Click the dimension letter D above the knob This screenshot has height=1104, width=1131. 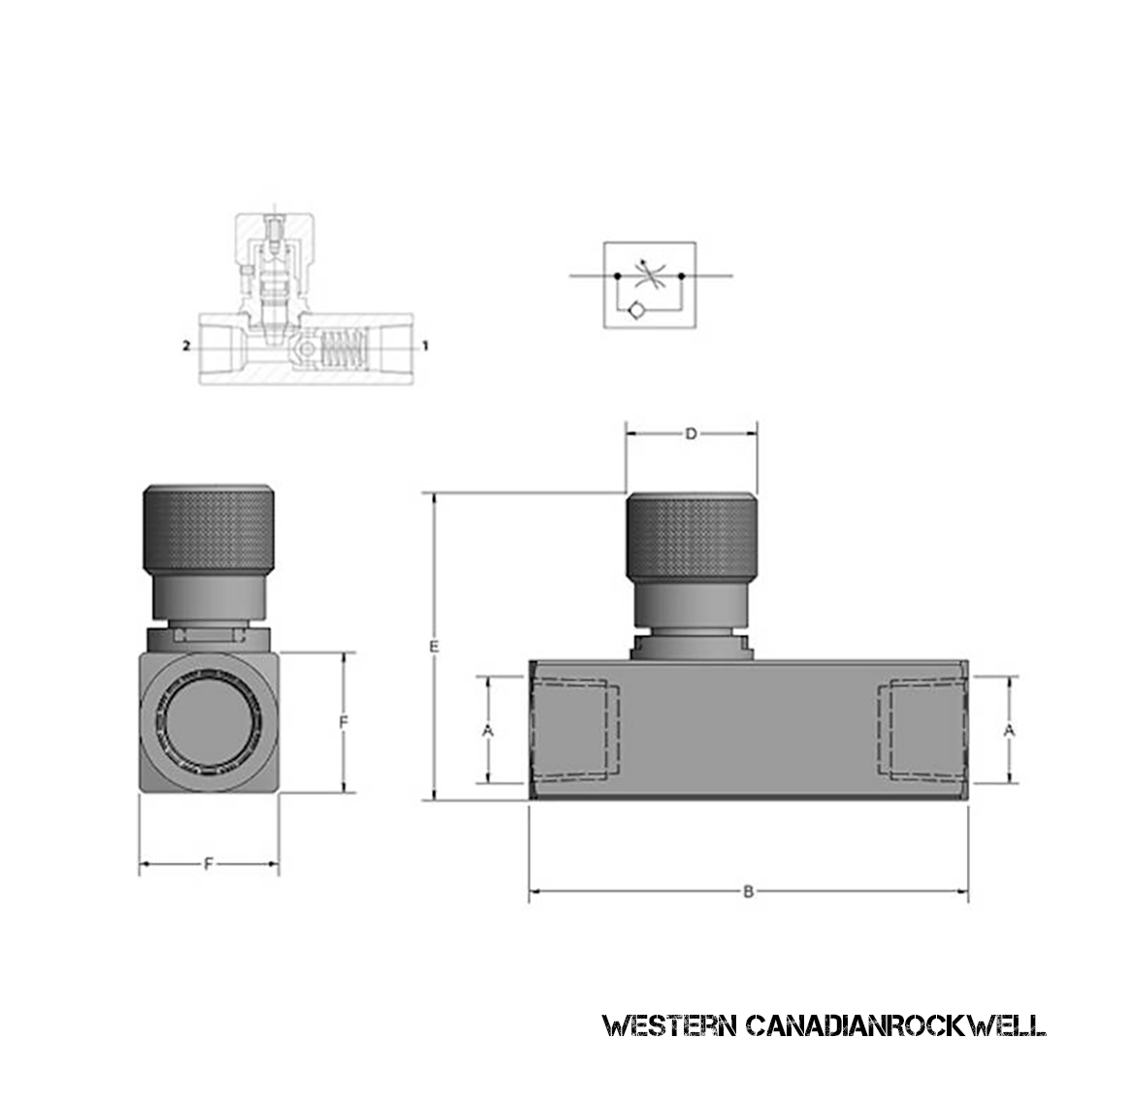coord(691,435)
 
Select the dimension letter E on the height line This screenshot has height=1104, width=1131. coord(436,645)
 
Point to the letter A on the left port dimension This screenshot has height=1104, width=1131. coord(488,730)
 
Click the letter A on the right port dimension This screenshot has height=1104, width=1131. coord(1010,729)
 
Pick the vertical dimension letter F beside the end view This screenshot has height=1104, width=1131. coord(343,723)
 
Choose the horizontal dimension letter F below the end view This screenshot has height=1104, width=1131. coord(208,863)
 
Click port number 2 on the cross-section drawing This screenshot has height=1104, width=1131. coord(185,344)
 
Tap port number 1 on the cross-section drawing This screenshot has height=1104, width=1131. coord(424,344)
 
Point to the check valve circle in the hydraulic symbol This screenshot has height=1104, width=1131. coord(634,310)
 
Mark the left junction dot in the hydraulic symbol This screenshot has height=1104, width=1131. coord(616,276)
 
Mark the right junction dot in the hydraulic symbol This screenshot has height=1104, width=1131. coord(681,276)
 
